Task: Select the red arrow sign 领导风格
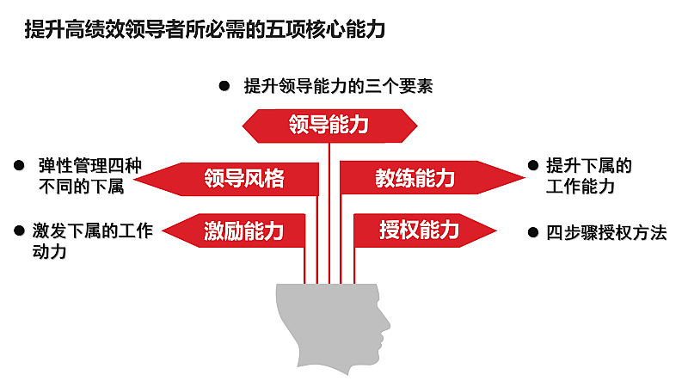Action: coord(244,179)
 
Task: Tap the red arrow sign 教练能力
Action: coord(415,179)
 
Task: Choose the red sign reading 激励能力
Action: coord(243,230)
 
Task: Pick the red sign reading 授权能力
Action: coord(420,230)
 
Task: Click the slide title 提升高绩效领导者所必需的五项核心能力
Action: coord(206,29)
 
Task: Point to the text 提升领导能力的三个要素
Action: coord(337,86)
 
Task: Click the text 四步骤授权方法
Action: coord(607,232)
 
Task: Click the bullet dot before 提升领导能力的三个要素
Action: coord(224,86)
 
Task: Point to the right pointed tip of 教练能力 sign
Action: coord(520,178)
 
